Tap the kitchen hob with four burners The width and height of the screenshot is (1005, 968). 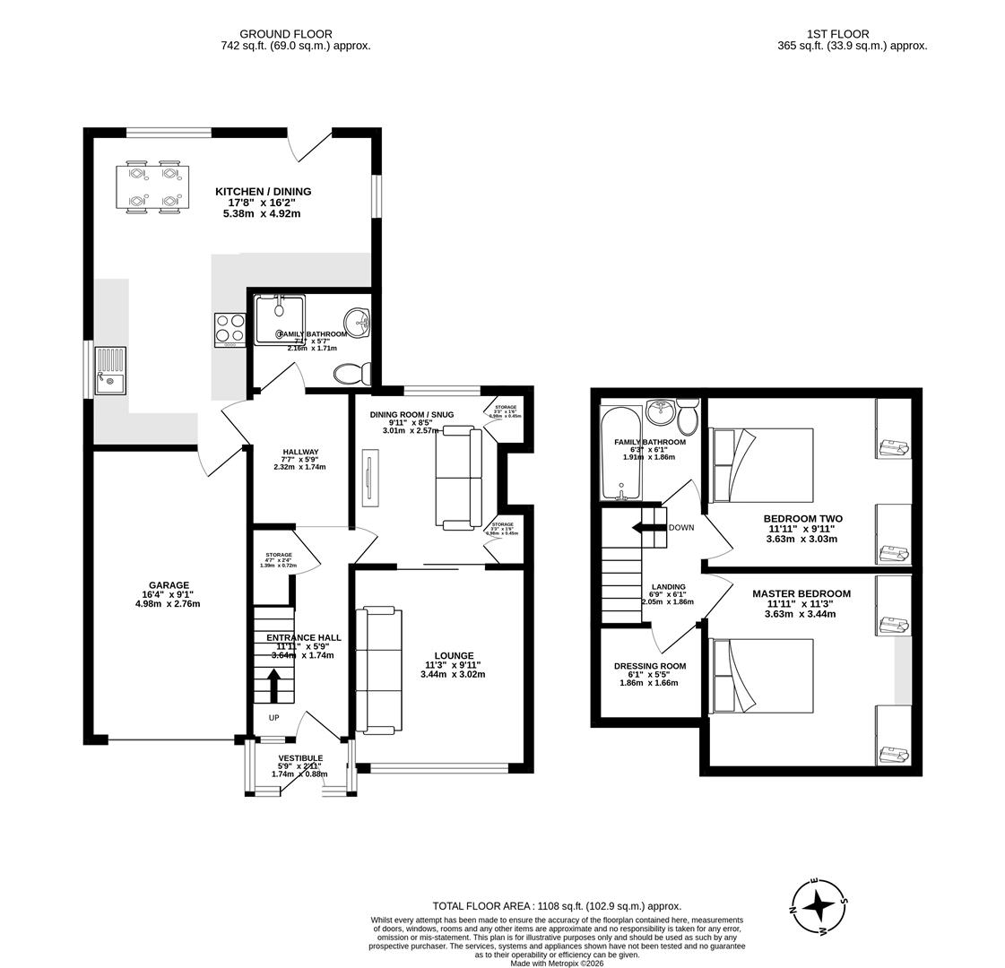click(230, 329)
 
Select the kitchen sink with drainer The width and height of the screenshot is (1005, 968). click(110, 371)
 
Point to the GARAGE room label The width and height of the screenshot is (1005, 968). click(169, 585)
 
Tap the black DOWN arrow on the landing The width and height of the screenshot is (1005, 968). click(647, 527)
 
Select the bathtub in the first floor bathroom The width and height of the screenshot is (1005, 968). click(620, 454)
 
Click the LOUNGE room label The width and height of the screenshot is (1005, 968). click(454, 655)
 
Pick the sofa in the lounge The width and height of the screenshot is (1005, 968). click(377, 670)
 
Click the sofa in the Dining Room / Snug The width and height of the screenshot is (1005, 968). click(458, 477)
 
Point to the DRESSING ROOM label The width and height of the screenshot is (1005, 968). click(650, 666)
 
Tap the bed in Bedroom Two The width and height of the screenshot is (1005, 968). click(761, 465)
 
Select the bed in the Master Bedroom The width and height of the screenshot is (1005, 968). click(761, 676)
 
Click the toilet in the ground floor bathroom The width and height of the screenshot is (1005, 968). click(350, 373)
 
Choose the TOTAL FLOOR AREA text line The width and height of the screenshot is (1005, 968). click(557, 906)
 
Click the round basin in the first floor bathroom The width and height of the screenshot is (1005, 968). click(661, 412)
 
